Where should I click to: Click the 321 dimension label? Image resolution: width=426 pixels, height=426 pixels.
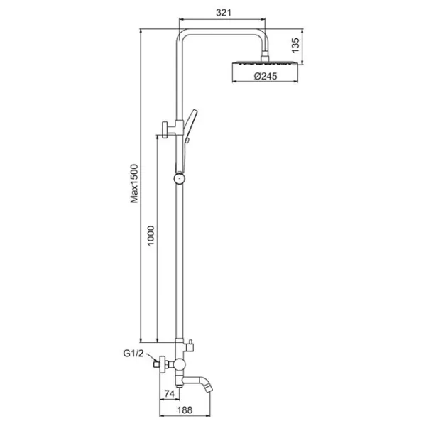pos(224,13)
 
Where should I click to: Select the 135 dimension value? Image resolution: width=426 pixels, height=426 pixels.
pos(295,45)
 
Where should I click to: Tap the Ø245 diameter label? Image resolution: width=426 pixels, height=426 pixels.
pos(266,76)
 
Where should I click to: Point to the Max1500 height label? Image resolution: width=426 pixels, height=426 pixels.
pos(134,183)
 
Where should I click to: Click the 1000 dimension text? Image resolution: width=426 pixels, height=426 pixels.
pos(151,235)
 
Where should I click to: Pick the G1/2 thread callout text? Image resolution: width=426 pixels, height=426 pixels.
pos(133,353)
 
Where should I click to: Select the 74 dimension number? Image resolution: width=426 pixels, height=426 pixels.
pos(169,393)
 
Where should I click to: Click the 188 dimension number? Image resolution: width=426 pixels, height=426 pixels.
pos(185,410)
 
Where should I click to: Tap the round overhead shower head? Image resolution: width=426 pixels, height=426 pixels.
pos(265,63)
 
